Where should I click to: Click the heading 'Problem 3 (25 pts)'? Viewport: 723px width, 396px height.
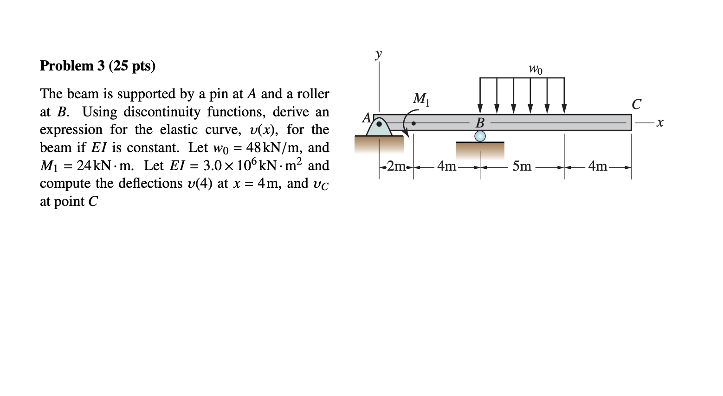(97, 66)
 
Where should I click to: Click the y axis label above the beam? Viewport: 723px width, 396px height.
(379, 53)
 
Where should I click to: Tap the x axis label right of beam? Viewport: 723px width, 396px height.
(660, 123)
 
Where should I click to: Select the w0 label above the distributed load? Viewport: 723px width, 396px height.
(535, 70)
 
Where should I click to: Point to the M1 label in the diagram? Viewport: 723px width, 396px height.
(421, 99)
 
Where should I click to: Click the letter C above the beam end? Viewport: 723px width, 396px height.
(636, 104)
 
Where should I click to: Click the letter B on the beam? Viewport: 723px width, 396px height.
(480, 123)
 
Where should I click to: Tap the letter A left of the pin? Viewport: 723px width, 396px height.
(367, 117)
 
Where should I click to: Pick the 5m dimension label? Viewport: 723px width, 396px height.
(522, 166)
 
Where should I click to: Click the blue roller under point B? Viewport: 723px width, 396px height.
(480, 136)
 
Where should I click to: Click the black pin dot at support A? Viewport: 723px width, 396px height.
(379, 124)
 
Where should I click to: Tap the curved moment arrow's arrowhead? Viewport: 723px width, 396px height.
(407, 135)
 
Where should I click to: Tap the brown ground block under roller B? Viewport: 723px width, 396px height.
(480, 151)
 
